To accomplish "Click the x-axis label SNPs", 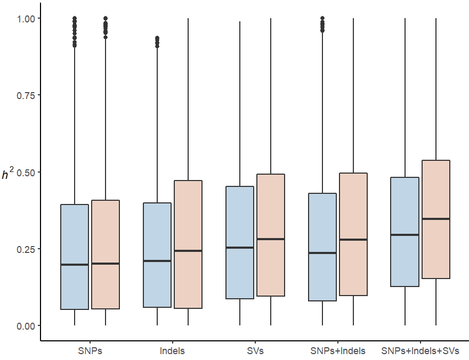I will point(90,351).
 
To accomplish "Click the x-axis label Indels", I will point(172,351).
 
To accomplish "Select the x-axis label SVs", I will point(255,351).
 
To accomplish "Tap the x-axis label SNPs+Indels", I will point(338,351).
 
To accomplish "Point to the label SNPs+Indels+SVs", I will point(421,351).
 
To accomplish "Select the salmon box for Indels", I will point(188,213).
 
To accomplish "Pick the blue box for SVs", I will point(240,213).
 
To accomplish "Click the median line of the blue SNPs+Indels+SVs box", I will point(405,235).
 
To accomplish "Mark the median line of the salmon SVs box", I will point(271,239).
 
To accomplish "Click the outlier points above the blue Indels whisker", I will point(157,42).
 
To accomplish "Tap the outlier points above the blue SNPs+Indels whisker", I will point(322,24).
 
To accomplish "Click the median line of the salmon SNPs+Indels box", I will point(353,240).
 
